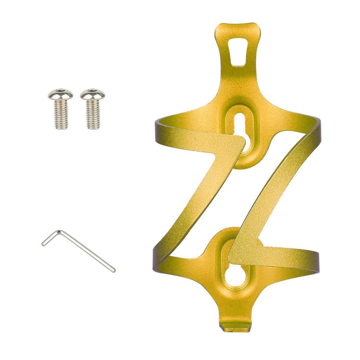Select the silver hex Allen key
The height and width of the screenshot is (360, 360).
(79, 250)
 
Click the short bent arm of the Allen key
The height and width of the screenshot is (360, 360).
(51, 237)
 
